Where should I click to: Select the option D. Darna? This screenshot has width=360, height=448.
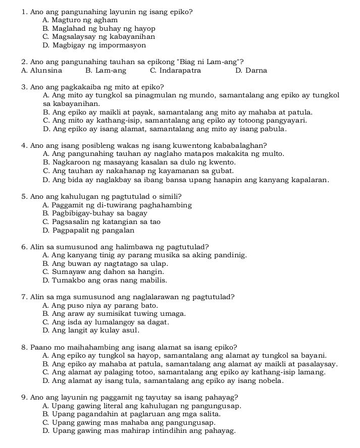click(x=251, y=71)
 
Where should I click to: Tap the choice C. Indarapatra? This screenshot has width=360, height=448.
click(x=175, y=71)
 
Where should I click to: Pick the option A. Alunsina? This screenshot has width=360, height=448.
click(x=42, y=71)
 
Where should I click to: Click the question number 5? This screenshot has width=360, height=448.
click(x=24, y=196)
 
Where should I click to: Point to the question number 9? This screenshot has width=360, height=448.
click(x=24, y=397)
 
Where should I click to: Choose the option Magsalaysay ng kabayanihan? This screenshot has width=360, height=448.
click(x=99, y=37)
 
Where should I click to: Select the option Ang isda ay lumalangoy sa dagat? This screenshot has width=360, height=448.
click(x=106, y=322)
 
